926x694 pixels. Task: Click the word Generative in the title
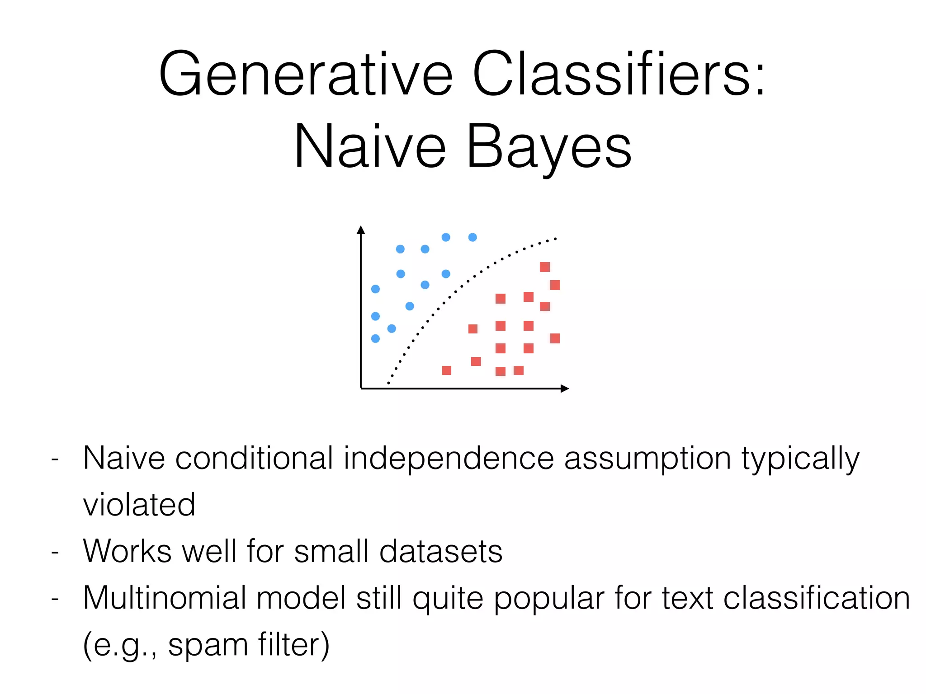tap(305, 75)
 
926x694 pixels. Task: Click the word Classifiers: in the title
tap(619, 75)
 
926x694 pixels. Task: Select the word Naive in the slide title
tap(370, 147)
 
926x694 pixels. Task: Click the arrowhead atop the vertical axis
tap(360, 230)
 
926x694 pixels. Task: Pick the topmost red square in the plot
tap(545, 267)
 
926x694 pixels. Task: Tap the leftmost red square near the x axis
tap(447, 370)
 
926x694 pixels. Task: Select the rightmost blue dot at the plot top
tap(472, 237)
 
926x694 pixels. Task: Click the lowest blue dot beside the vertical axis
tap(375, 338)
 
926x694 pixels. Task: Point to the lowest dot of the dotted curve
tap(388, 383)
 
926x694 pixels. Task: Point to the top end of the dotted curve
tap(555, 239)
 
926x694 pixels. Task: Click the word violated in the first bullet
tap(139, 505)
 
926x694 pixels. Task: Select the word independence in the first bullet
tap(449, 459)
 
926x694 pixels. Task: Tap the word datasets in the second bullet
tap(440, 552)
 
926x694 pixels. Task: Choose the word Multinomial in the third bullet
tap(165, 598)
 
